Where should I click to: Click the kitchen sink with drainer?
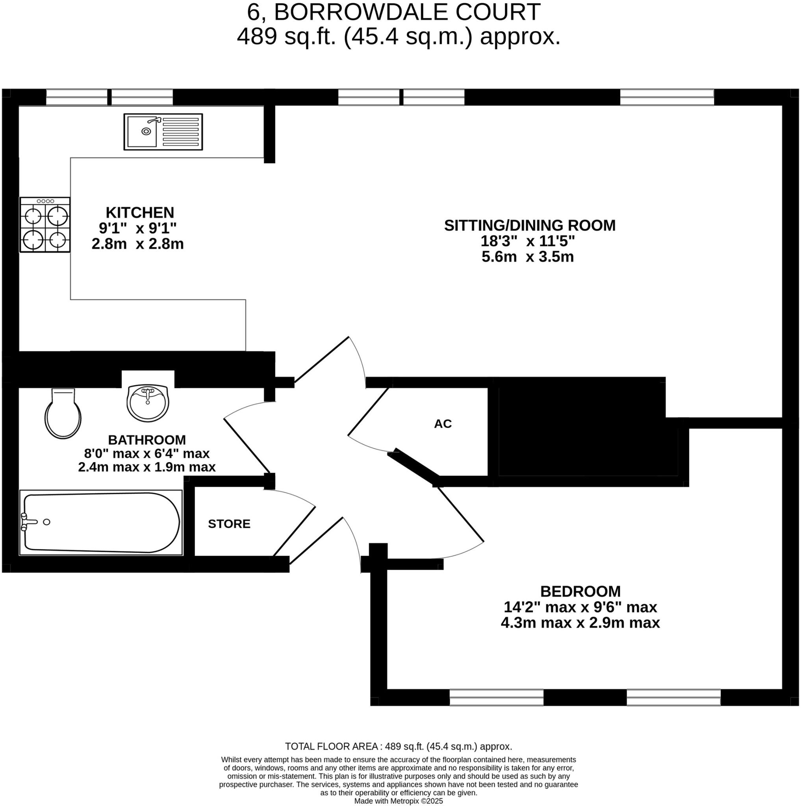click(163, 132)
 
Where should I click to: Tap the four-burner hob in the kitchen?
click(45, 225)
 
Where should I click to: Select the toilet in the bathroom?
click(63, 415)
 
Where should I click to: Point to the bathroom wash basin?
click(147, 403)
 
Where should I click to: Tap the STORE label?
click(229, 524)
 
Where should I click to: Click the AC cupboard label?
click(443, 424)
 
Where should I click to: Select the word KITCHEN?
click(140, 213)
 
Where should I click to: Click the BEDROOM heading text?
click(580, 592)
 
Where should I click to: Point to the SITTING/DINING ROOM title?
click(529, 226)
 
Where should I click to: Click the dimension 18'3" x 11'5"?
click(528, 241)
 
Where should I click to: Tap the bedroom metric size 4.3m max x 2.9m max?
click(580, 623)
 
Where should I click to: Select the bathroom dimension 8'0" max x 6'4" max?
click(147, 453)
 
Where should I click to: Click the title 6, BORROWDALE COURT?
click(394, 12)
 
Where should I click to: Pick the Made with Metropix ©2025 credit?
click(398, 801)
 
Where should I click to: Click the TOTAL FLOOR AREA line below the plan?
click(398, 746)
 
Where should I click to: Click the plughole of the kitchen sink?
click(146, 131)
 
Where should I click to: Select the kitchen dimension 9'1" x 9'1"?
click(138, 228)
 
